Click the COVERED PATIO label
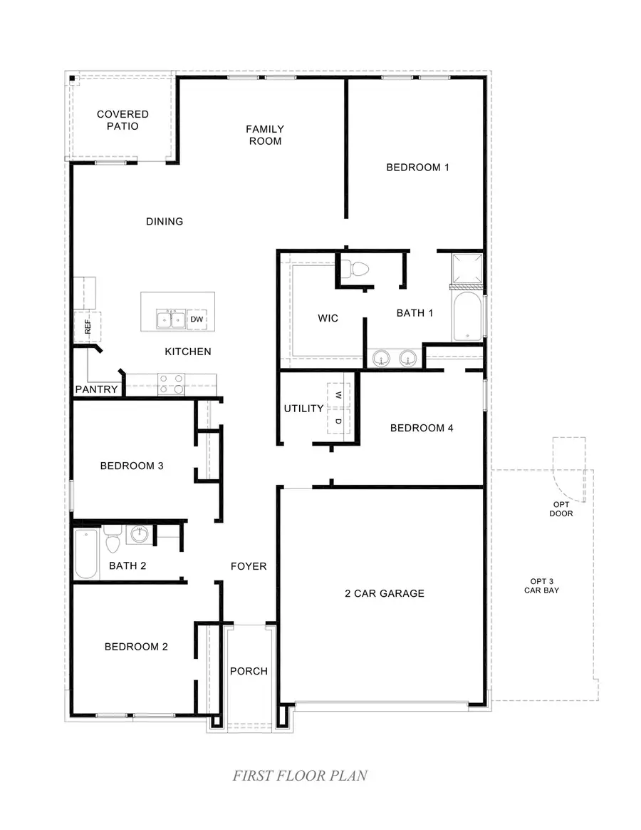(x=123, y=120)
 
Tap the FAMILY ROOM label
(x=265, y=135)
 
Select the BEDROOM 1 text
(x=417, y=168)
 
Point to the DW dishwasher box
(x=197, y=320)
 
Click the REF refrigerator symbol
(x=88, y=327)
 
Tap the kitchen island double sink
(x=171, y=320)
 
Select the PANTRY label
(x=96, y=389)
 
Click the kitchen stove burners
(x=171, y=384)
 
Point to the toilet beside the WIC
(x=355, y=270)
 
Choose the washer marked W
(x=338, y=395)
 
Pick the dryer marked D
(x=338, y=421)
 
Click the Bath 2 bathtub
(x=87, y=553)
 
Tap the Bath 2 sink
(x=140, y=534)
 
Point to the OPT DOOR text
(x=561, y=508)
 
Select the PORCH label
(x=249, y=671)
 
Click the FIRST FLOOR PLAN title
(x=300, y=775)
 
